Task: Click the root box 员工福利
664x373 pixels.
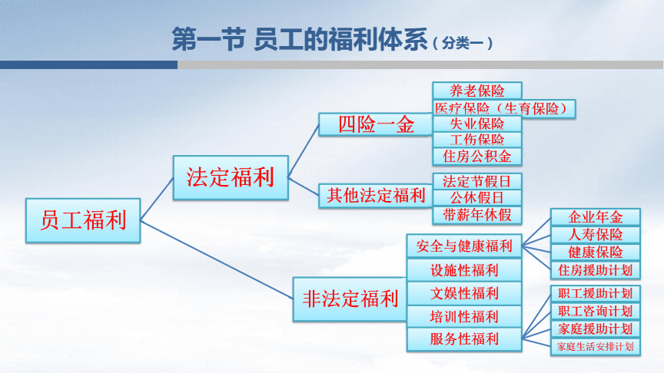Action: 83,220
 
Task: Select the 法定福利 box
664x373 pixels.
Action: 231,177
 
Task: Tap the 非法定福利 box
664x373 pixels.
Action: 350,299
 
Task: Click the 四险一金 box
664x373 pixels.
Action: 376,125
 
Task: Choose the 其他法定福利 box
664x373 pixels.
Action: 376,196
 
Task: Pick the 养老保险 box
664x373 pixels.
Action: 477,91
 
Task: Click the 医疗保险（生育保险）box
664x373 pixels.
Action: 504,109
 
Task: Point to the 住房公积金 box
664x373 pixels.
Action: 477,157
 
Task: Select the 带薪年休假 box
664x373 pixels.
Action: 477,215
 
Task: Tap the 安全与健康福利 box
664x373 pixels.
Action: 464,246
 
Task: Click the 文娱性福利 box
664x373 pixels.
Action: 464,293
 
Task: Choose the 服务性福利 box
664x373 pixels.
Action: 464,339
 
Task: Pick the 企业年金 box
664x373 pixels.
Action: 596,217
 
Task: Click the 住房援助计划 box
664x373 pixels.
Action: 596,271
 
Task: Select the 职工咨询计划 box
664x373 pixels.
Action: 596,312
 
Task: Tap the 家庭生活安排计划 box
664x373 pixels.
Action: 596,347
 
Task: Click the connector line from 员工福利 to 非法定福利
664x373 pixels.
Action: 217,259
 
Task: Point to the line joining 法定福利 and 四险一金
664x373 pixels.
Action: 304,151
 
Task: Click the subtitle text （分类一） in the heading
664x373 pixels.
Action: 463,44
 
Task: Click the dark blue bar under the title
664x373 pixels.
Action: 88,64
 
